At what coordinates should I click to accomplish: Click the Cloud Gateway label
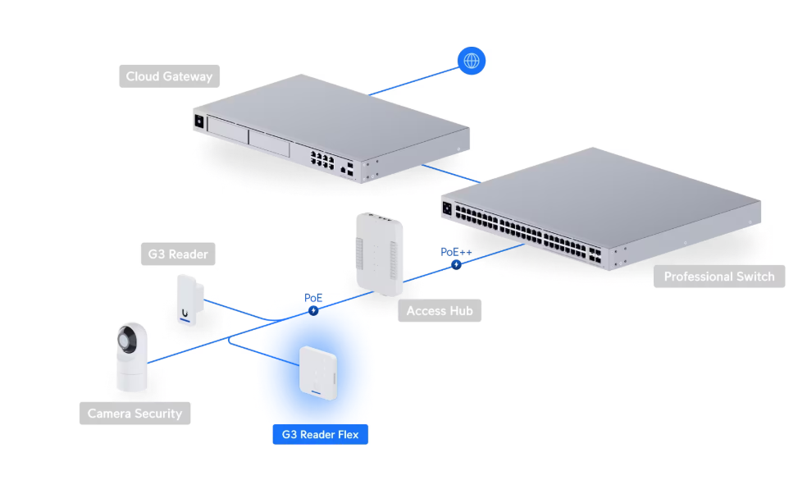[169, 76]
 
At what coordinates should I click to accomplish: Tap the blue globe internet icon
[472, 61]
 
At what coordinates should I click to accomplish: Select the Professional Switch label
[718, 277]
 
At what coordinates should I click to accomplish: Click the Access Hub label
[439, 311]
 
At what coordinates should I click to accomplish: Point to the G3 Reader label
[178, 254]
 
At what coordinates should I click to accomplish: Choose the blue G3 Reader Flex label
[320, 434]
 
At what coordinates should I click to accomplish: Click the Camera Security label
[134, 413]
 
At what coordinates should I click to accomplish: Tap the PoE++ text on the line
[456, 252]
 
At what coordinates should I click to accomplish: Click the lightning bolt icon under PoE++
[456, 265]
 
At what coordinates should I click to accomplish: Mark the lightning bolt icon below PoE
[312, 311]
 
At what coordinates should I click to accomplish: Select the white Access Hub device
[378, 252]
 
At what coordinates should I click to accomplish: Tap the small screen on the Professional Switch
[448, 209]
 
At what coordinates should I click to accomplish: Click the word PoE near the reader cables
[313, 297]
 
